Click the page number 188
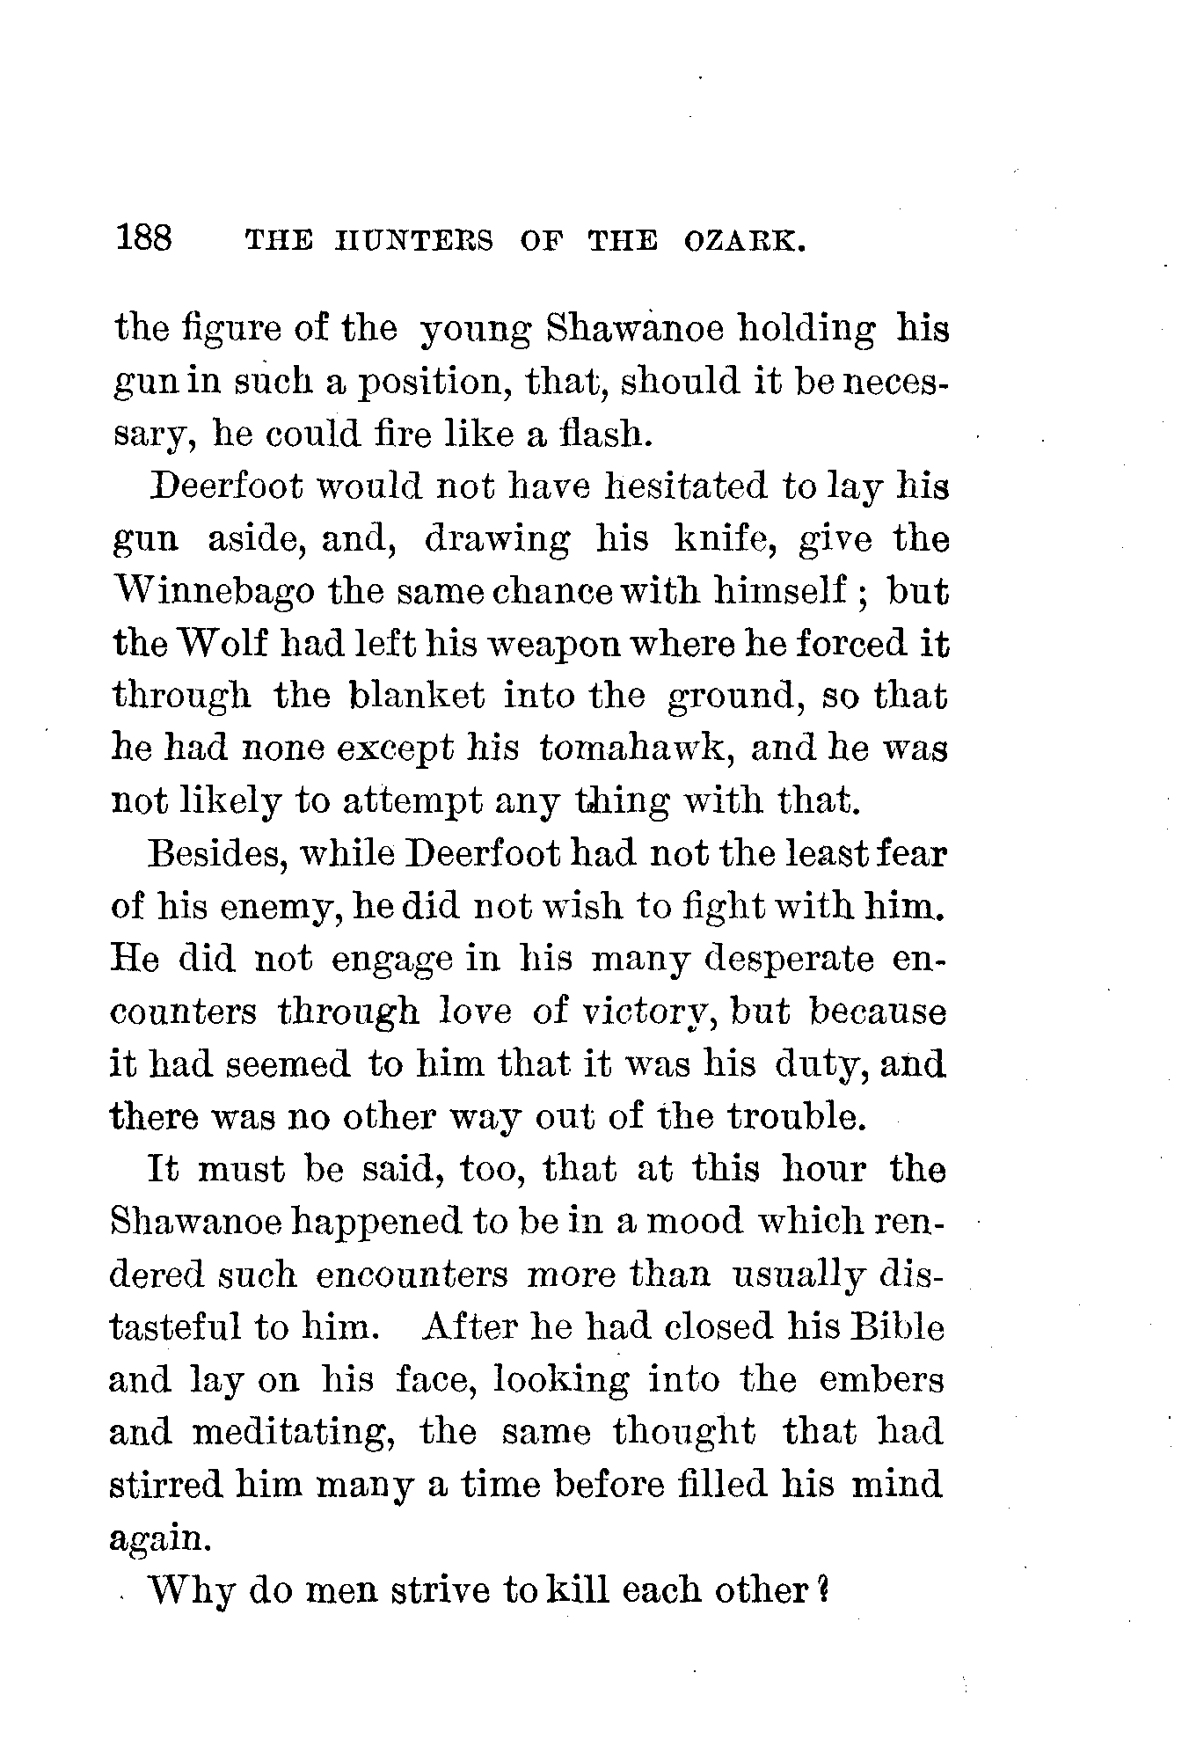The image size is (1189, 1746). point(145,238)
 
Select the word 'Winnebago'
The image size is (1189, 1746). point(214,591)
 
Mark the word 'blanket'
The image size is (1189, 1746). point(416,696)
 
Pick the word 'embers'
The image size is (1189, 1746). point(880,1379)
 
